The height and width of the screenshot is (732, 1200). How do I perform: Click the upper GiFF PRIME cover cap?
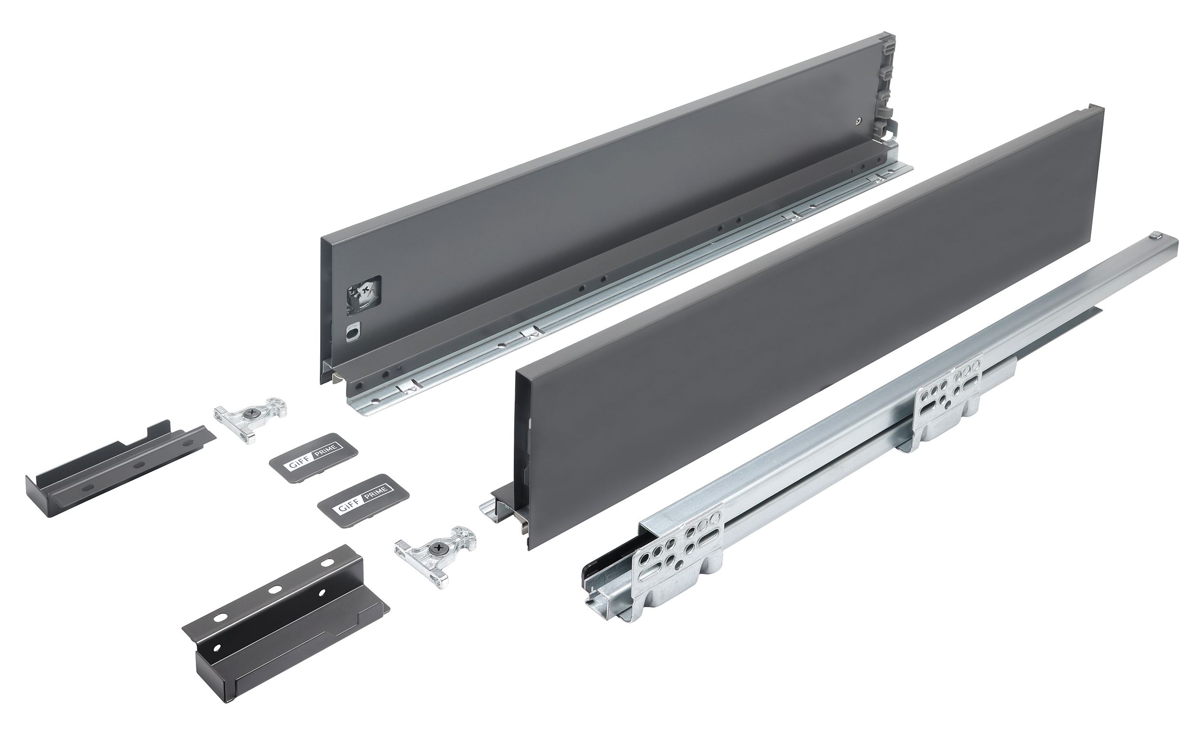313,451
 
